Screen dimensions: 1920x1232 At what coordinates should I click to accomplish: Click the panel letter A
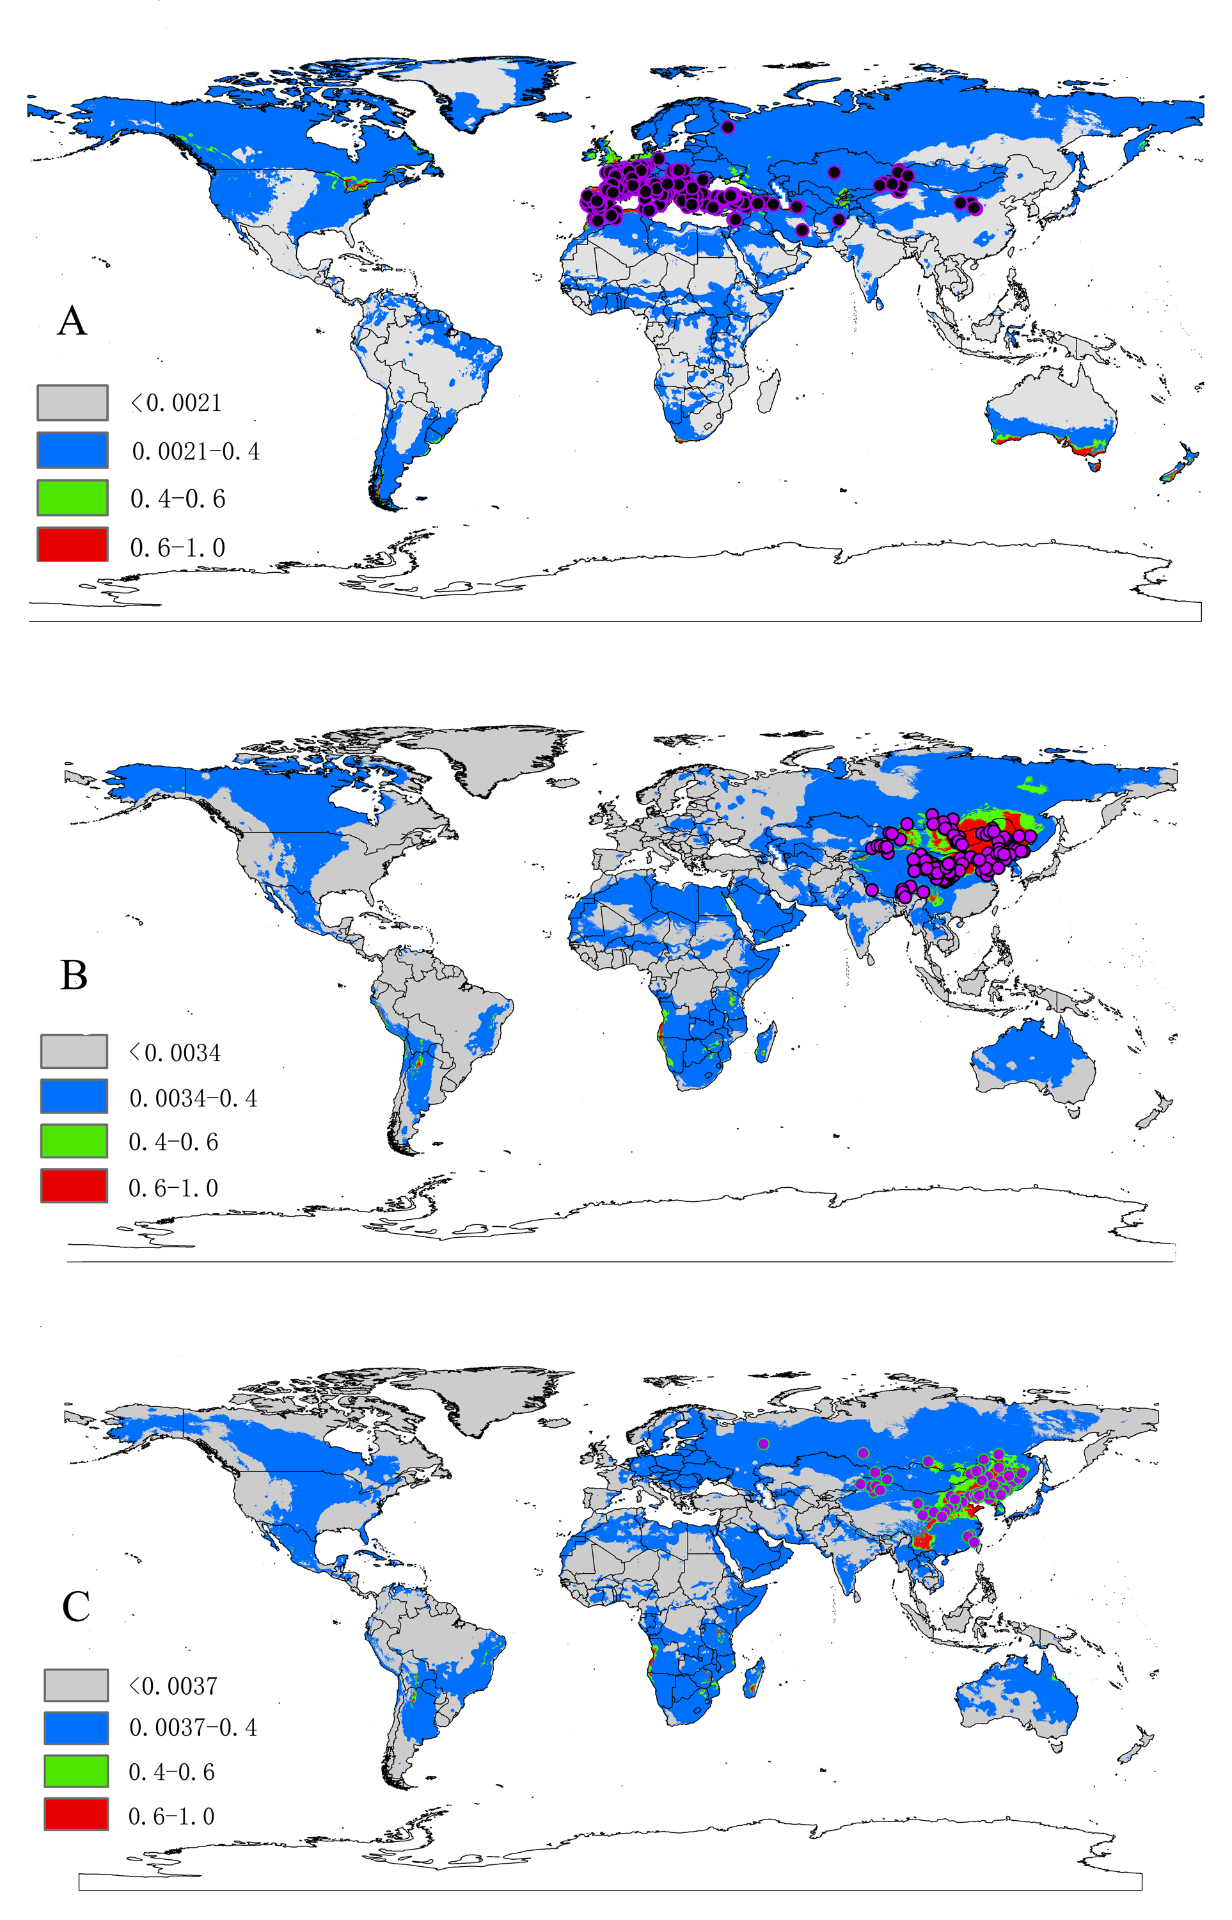click(x=72, y=321)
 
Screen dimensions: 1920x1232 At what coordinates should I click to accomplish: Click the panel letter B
click(x=74, y=975)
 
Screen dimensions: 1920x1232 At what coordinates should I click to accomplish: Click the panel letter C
click(x=76, y=1606)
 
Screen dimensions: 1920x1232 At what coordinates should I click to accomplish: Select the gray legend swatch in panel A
click(x=72, y=403)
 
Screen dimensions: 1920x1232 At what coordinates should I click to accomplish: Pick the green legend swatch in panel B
click(x=74, y=1141)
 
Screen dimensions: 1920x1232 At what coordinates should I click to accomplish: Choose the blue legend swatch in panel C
click(x=76, y=1728)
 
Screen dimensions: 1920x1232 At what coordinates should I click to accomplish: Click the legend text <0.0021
click(x=177, y=403)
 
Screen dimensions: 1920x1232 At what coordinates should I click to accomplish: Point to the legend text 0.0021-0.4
click(x=195, y=451)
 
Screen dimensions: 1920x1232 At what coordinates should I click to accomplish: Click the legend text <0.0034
click(x=175, y=1052)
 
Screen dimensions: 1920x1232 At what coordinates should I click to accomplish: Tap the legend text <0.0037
click(x=173, y=1686)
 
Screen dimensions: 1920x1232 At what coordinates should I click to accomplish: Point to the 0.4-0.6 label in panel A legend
click(x=178, y=499)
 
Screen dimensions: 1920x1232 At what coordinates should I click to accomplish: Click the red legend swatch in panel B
click(x=74, y=1186)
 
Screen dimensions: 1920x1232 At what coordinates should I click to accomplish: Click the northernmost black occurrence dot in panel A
click(x=727, y=127)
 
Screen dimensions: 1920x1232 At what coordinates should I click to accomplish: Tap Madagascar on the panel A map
click(x=769, y=389)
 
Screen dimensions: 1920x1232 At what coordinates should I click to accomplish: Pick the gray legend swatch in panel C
click(x=76, y=1686)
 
